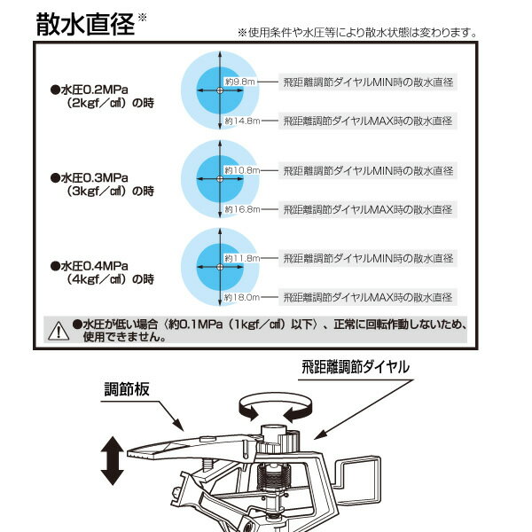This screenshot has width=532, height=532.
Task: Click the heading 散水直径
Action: point(85,24)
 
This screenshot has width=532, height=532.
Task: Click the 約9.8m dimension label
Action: point(240,82)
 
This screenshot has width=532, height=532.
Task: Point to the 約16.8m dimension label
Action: point(240,210)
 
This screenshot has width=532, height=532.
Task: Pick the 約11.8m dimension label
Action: point(240,258)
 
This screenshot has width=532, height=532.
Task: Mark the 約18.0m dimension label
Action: point(240,298)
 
